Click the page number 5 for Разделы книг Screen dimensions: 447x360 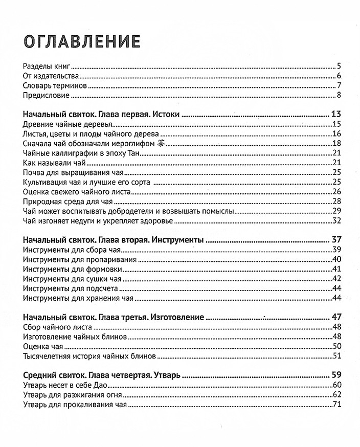coord(339,66)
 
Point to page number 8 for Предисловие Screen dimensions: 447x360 coord(339,95)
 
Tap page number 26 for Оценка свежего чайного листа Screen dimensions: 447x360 coord(336,191)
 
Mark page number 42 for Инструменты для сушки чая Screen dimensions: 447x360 coord(336,279)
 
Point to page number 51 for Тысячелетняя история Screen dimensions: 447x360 coord(336,356)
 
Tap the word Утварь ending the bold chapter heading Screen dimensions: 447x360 coord(165,375)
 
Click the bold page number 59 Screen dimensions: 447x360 coord(336,375)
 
